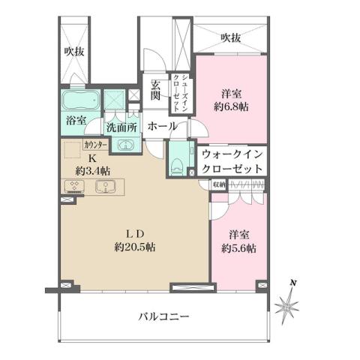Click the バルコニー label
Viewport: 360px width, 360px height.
pyautogui.click(x=163, y=316)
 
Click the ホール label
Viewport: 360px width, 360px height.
pyautogui.click(x=161, y=127)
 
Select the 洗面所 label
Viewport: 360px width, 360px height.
pyautogui.click(x=121, y=127)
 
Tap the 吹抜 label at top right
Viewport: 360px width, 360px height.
pyautogui.click(x=231, y=37)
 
